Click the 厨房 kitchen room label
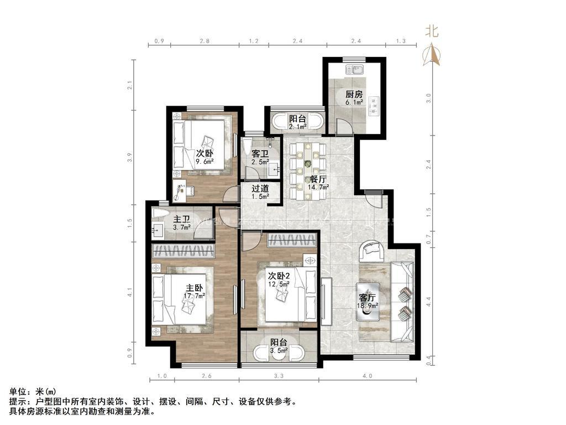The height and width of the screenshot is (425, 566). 354,94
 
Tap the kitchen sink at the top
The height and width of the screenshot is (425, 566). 354,69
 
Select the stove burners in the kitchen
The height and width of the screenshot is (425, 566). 374,106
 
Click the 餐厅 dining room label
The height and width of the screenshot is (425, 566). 318,179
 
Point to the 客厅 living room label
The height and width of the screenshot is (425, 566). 368,298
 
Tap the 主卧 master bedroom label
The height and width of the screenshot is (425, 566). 194,288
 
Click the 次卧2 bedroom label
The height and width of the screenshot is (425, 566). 279,276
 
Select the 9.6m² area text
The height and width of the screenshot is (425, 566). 205,162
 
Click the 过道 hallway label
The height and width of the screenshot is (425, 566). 260,189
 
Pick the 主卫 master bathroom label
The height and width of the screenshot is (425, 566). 181,219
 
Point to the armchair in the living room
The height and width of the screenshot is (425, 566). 372,251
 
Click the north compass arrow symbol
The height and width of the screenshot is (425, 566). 432,55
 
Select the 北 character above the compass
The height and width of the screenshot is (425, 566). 432,30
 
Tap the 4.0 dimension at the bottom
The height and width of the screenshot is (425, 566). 368,376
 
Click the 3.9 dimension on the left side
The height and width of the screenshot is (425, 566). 130,158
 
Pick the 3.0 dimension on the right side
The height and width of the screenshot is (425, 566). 428,99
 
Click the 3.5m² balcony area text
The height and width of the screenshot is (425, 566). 279,350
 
